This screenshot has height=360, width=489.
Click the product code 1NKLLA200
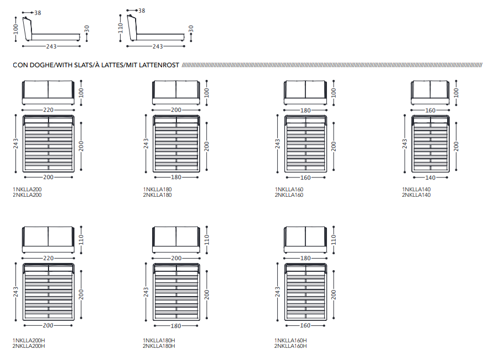(x=27, y=189)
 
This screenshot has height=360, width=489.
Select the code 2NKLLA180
(x=157, y=195)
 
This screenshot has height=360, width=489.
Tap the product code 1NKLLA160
(x=289, y=189)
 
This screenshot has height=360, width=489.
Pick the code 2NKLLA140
(x=416, y=195)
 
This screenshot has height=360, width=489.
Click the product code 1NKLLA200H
(x=29, y=340)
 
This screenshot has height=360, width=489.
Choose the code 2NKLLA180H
(x=159, y=346)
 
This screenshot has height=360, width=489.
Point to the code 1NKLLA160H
(x=291, y=340)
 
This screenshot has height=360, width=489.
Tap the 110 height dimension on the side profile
(x=121, y=28)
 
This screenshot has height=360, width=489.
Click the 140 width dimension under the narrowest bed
(x=431, y=178)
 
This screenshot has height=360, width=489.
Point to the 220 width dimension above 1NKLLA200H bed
(x=49, y=258)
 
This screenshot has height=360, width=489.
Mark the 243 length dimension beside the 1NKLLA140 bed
(x=405, y=144)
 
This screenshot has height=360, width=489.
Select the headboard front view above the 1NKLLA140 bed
(x=431, y=92)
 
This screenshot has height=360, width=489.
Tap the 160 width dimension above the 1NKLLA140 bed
(x=431, y=110)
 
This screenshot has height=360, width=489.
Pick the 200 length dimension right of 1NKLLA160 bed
(x=333, y=146)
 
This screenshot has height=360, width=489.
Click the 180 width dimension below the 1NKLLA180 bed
(x=176, y=178)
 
